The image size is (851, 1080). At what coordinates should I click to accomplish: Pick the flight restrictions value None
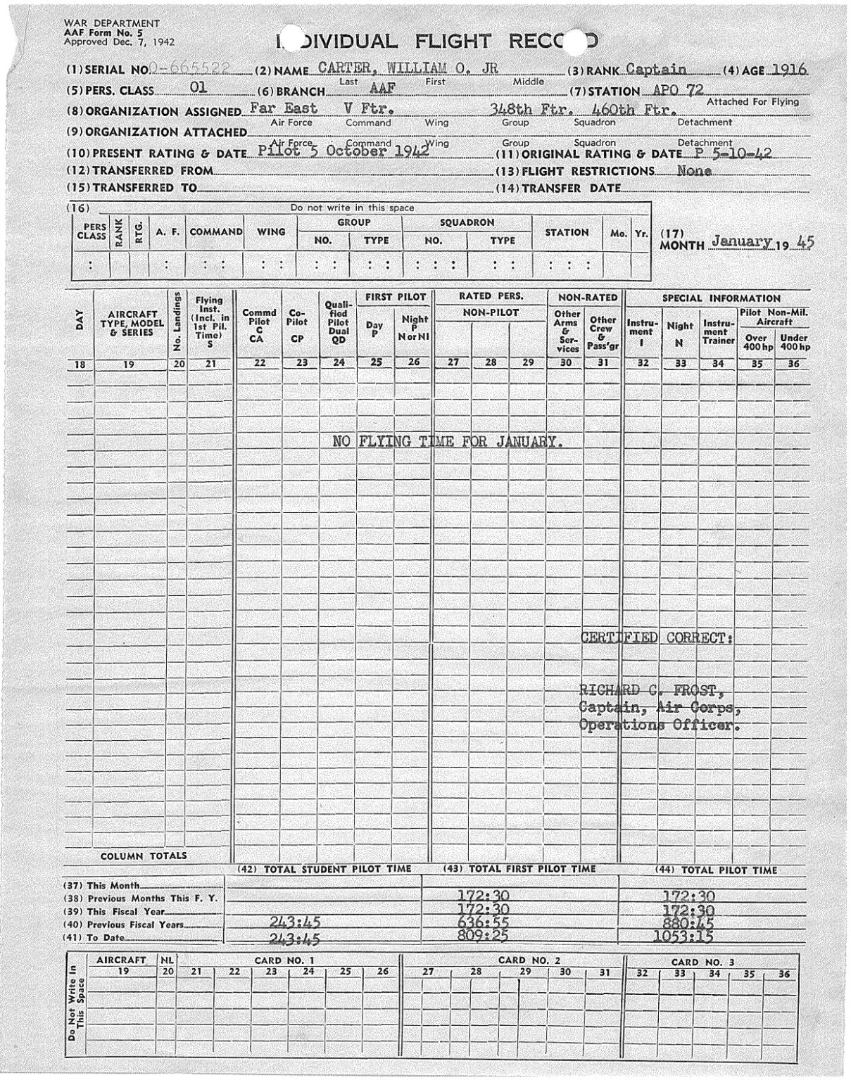[x=694, y=170]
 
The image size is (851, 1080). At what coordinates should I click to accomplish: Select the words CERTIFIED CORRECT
[x=656, y=639]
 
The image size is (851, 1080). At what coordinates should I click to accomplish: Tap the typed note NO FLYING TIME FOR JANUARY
[x=448, y=442]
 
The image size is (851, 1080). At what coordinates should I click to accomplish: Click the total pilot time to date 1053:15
[x=683, y=937]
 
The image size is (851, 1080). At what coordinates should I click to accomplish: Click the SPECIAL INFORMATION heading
[x=721, y=298]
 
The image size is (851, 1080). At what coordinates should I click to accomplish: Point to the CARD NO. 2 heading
[x=529, y=960]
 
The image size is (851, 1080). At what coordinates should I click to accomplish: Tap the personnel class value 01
[x=198, y=89]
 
